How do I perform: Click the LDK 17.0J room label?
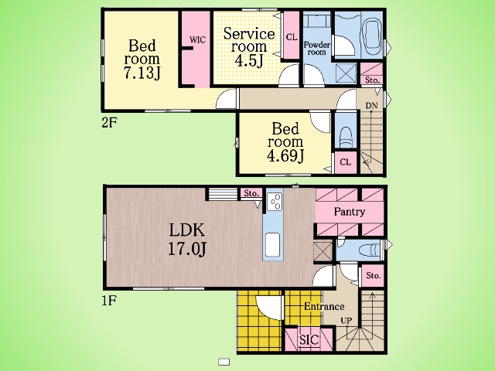187,239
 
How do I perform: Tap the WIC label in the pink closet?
197,39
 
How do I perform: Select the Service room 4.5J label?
249,47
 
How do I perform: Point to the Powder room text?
317,48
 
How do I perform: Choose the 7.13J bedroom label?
142,60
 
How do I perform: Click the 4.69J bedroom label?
285,142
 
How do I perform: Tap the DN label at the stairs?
372,105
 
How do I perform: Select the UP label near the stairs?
346,321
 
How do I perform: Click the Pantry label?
350,212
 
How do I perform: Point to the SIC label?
309,340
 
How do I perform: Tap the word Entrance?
324,306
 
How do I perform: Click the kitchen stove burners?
275,201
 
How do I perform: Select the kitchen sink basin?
273,245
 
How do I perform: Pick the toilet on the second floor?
346,136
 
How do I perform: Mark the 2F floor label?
109,123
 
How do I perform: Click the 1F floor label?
109,301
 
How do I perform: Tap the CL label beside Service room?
292,38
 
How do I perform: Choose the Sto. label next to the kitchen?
251,193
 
